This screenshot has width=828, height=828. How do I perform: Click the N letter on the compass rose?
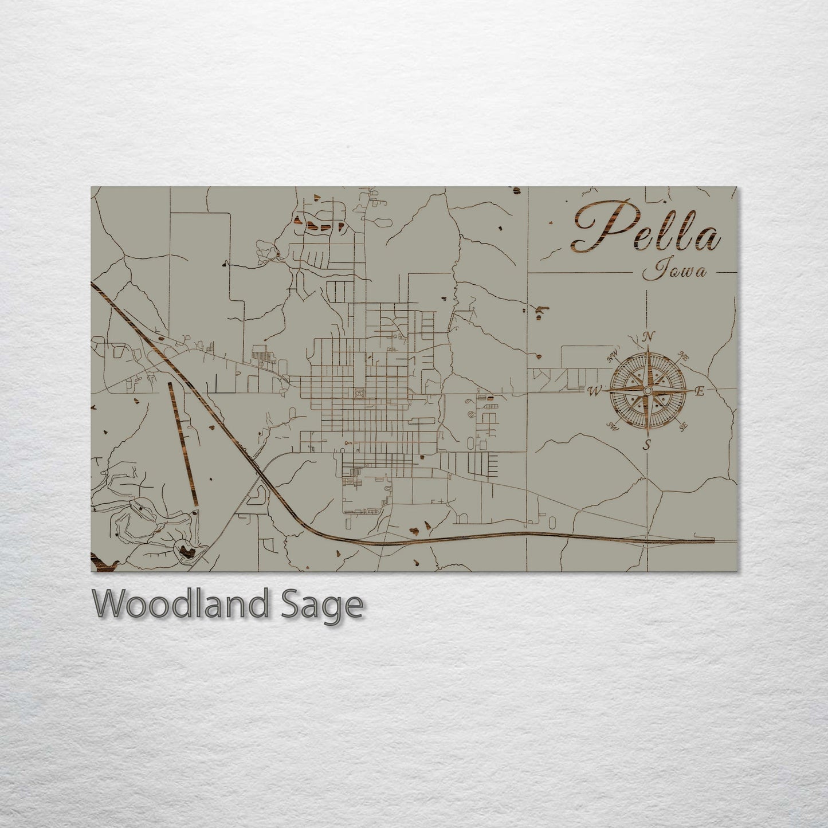click(x=649, y=337)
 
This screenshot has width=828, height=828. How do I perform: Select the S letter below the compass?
click(x=647, y=445)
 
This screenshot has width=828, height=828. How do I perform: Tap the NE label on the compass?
click(x=683, y=355)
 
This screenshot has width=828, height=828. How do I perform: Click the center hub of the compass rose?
click(x=647, y=391)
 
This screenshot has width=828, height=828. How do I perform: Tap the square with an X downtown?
click(x=359, y=393)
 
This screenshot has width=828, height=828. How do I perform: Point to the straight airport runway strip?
click(x=183, y=443)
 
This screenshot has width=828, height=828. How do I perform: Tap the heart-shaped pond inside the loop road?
click(x=186, y=551)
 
